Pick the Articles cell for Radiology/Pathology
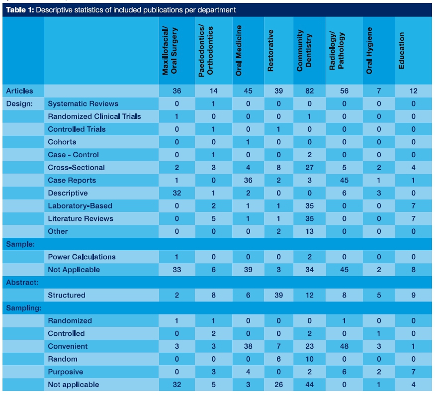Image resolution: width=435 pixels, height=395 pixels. pos(345,91)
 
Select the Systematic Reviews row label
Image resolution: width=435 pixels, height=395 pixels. pos(83,103)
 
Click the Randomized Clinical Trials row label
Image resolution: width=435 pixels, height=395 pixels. pos(94,116)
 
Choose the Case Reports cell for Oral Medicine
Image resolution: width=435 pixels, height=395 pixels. pos(248,180)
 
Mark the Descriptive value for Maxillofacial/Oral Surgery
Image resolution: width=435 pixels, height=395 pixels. pos(177,193)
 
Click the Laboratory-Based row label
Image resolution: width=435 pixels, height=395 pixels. pos(80,206)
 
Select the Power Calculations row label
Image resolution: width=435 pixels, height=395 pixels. pos(82,257)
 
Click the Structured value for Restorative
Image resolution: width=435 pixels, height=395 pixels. pos(279,295)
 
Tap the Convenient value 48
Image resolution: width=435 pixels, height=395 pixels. pos(345,346)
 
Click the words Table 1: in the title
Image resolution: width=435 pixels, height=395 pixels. pos(20,10)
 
